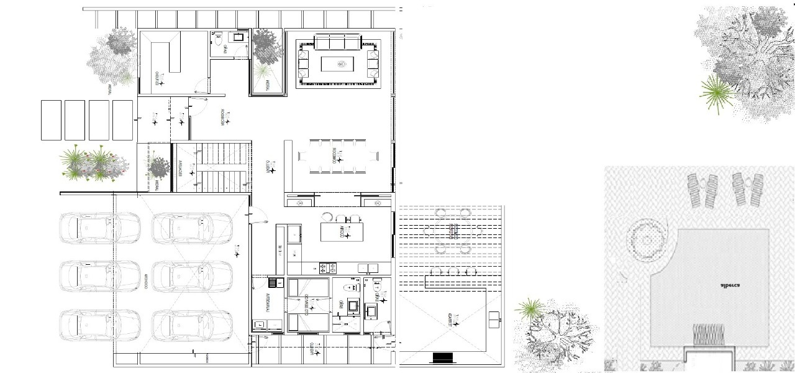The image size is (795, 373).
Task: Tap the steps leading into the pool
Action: pyautogui.click(x=707, y=336)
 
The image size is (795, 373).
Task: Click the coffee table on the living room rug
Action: pyautogui.click(x=337, y=63)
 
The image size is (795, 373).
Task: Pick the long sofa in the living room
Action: pyautogui.click(x=337, y=43)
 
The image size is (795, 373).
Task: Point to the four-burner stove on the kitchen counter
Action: pyautogui.click(x=327, y=268)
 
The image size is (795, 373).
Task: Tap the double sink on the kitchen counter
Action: pyautogui.click(x=368, y=268)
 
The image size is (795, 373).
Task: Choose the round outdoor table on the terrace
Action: pyautogui.click(x=452, y=232)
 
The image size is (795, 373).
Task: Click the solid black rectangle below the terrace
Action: pyautogui.click(x=442, y=357)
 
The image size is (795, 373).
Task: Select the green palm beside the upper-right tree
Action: pyautogui.click(x=716, y=93)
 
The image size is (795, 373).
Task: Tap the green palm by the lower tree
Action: pyautogui.click(x=530, y=308)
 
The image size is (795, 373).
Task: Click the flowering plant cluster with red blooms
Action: pyautogui.click(x=93, y=163)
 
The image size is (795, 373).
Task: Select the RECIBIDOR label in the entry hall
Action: pyautogui.click(x=222, y=118)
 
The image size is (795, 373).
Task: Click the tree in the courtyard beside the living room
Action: pyautogui.click(x=266, y=47)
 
